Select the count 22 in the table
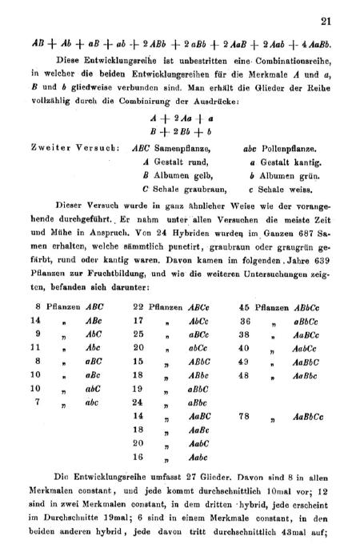click(x=138, y=306)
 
